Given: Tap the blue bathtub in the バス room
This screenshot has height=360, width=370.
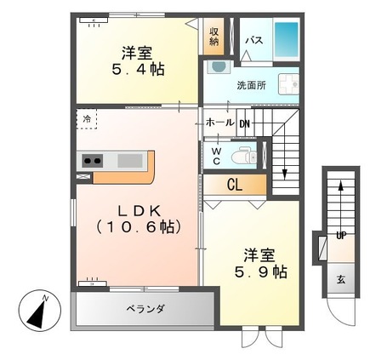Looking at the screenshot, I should [x=287, y=39].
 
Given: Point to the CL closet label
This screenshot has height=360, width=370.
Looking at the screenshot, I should [x=233, y=183].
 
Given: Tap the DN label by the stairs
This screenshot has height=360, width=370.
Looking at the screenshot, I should [x=245, y=123].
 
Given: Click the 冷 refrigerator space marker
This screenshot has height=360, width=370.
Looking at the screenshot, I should [x=88, y=119].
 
